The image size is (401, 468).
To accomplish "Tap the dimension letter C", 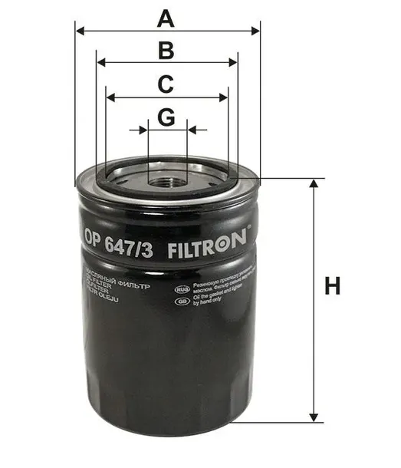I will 166,84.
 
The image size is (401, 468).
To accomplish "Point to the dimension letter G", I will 166,117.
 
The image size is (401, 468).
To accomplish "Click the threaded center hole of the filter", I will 168,181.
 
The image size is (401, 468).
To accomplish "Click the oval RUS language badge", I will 182,289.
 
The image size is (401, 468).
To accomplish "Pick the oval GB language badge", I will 182,302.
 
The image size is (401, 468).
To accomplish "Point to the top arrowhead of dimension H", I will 313,184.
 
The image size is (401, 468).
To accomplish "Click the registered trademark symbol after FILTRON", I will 248,229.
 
